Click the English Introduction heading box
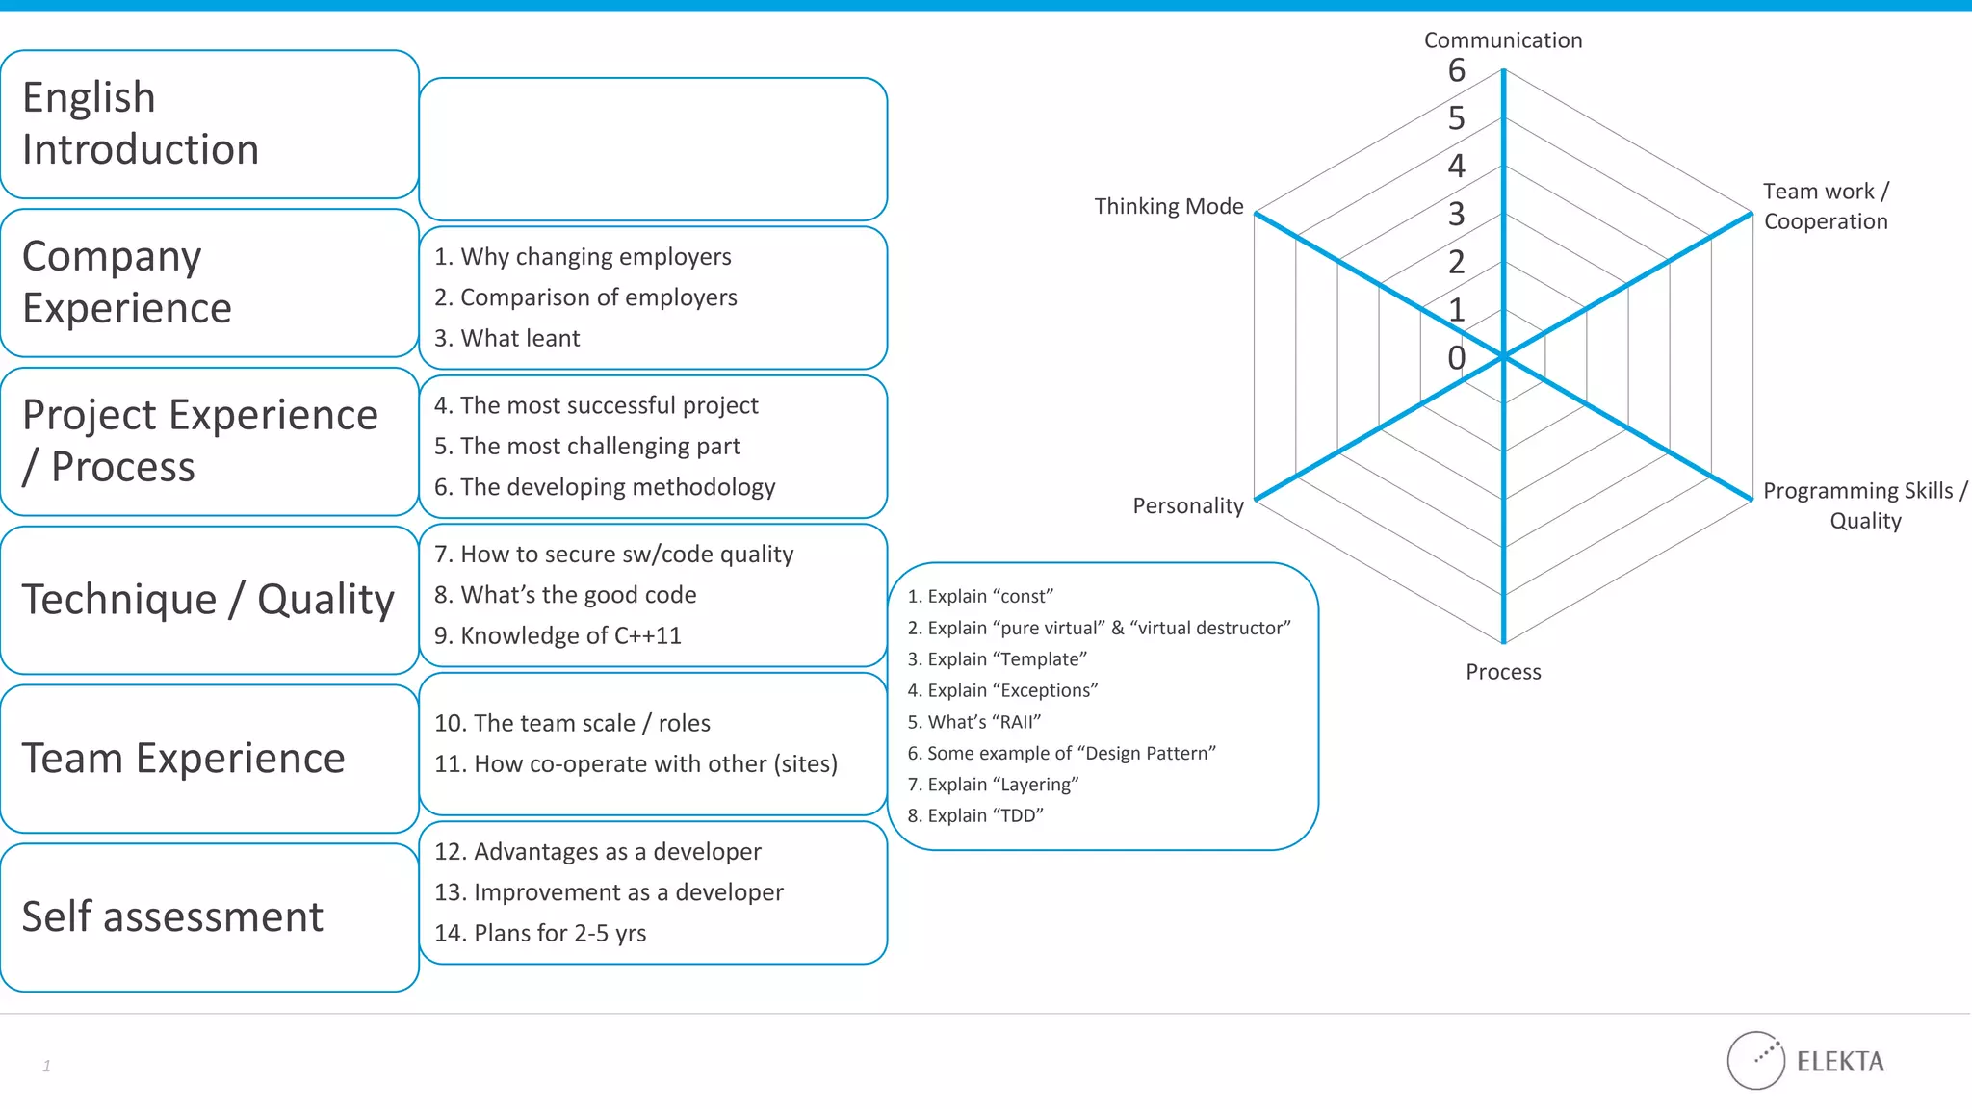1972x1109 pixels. click(209, 124)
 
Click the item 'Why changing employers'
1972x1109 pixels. click(583, 257)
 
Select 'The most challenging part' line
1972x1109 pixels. click(587, 447)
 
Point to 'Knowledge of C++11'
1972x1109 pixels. click(558, 636)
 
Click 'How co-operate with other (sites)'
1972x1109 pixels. click(636, 764)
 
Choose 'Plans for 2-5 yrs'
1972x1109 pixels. click(540, 934)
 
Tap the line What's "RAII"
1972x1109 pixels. click(973, 722)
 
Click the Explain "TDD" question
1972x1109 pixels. click(974, 816)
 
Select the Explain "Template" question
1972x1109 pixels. click(997, 659)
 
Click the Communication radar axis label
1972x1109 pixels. click(1502, 40)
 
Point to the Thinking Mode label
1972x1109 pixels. click(1168, 207)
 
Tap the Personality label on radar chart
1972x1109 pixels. click(1187, 506)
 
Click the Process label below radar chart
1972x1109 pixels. click(1502, 672)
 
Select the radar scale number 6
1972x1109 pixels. click(1456, 70)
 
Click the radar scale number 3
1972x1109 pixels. click(1456, 214)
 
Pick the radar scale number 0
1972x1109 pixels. click(1456, 358)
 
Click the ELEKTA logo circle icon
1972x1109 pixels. click(1755, 1061)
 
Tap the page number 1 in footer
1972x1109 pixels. click(46, 1066)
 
